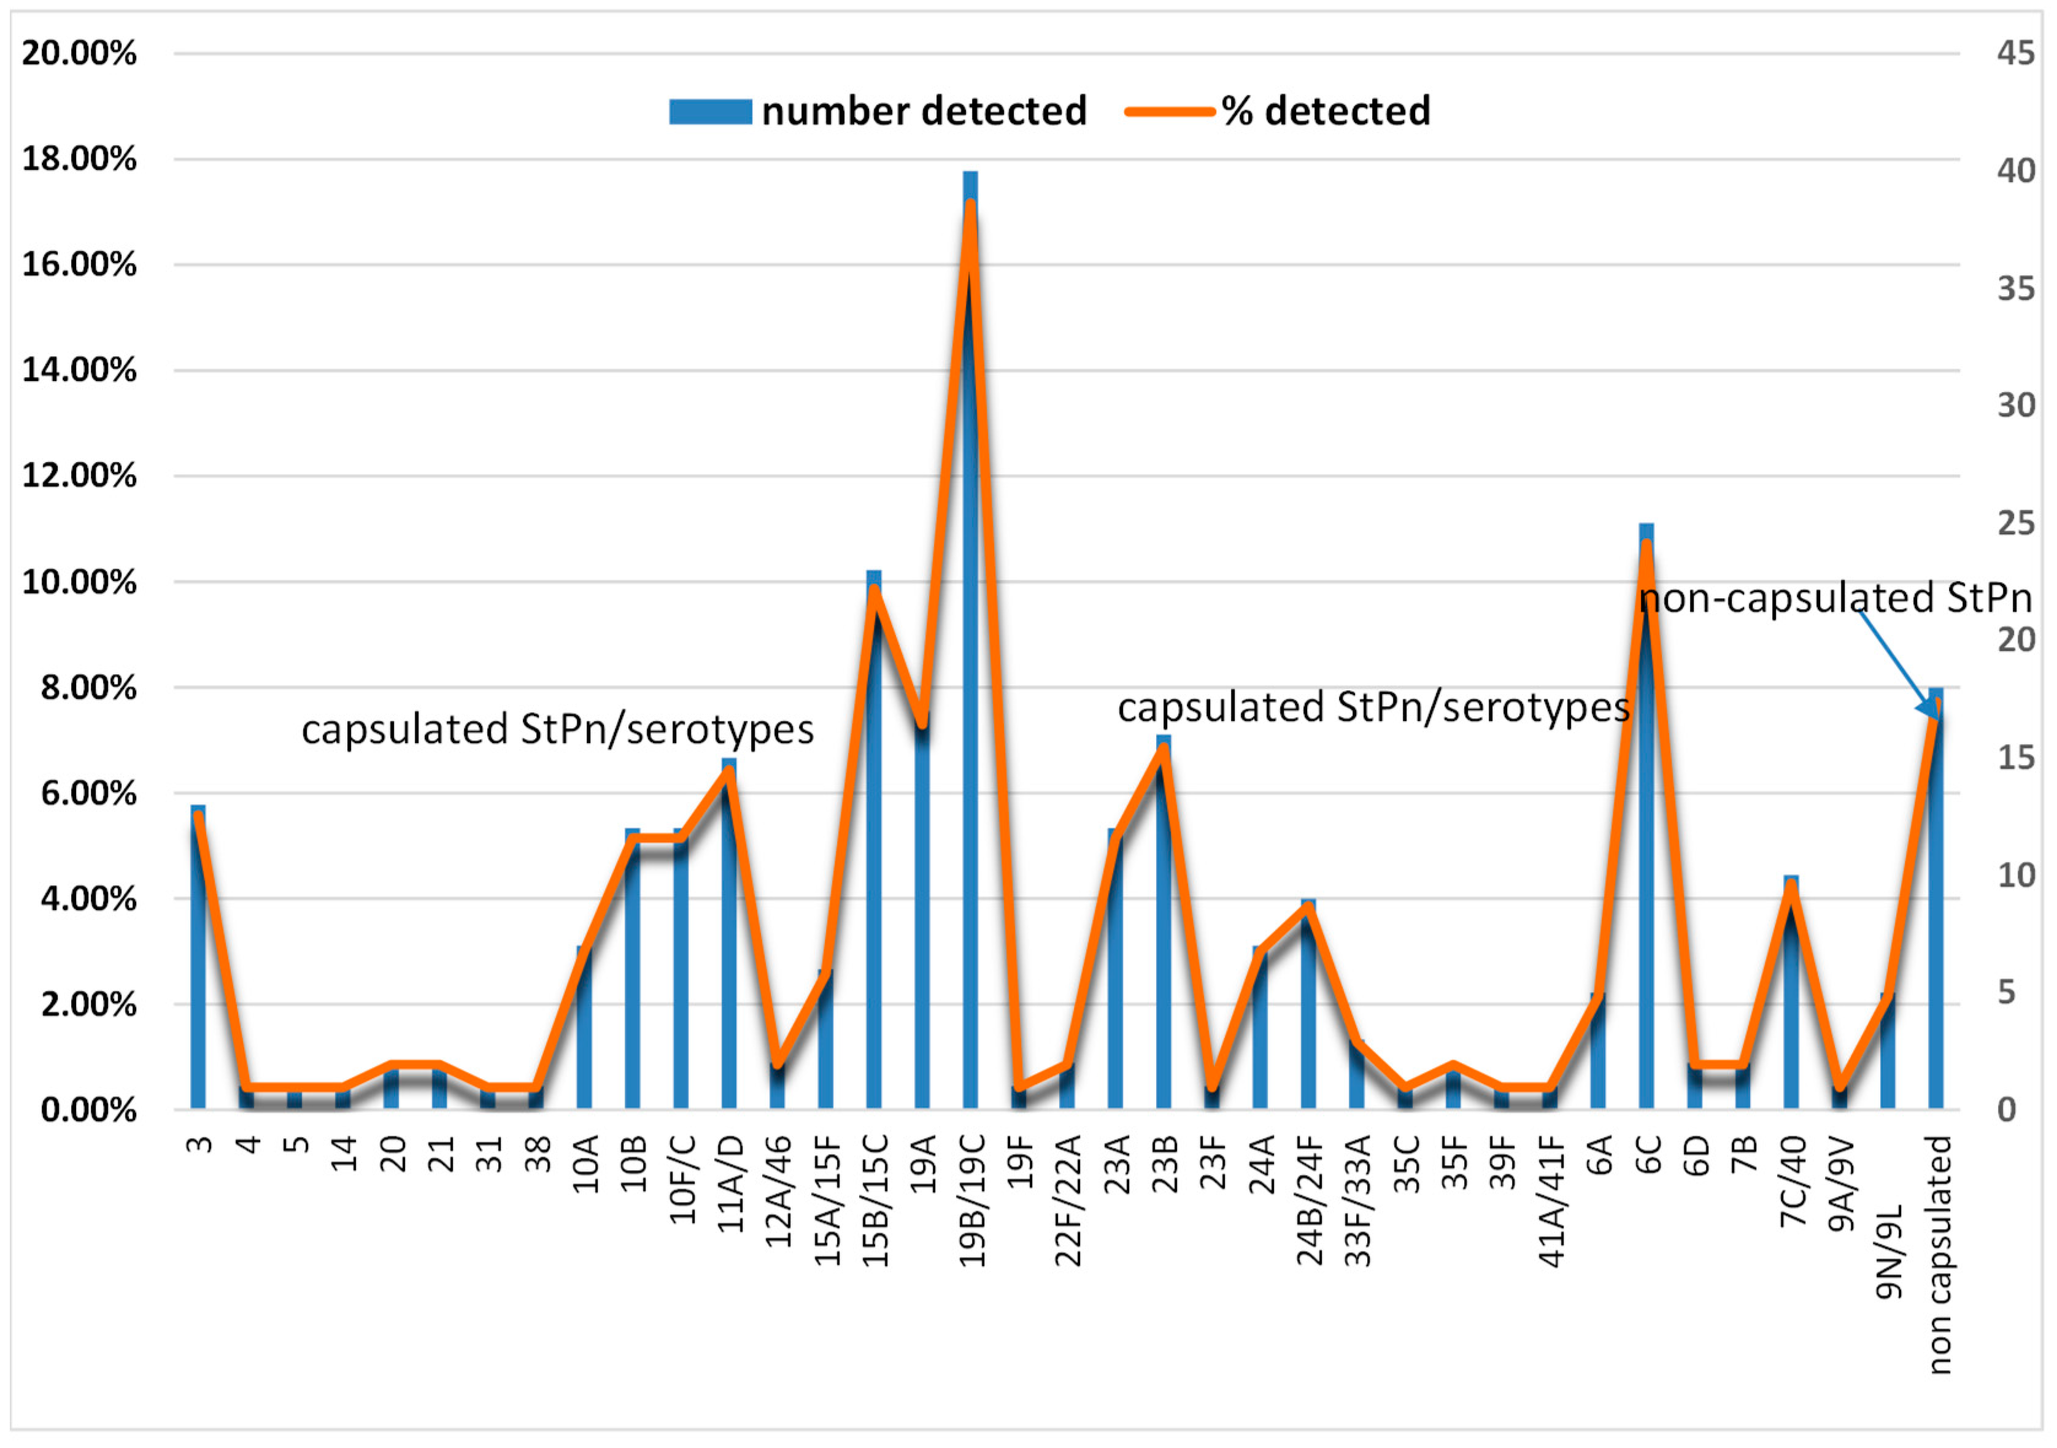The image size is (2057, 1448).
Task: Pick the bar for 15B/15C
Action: click(x=873, y=851)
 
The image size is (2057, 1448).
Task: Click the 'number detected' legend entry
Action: click(x=878, y=112)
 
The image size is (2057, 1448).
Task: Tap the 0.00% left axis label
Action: click(x=88, y=1111)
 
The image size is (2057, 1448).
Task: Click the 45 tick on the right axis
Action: click(x=2016, y=54)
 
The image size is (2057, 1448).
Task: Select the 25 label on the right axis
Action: click(x=2016, y=523)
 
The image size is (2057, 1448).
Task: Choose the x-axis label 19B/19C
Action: click(x=972, y=1200)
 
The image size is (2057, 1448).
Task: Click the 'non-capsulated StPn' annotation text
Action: click(x=1835, y=598)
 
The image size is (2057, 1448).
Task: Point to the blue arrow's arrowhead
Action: click(x=1931, y=712)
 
